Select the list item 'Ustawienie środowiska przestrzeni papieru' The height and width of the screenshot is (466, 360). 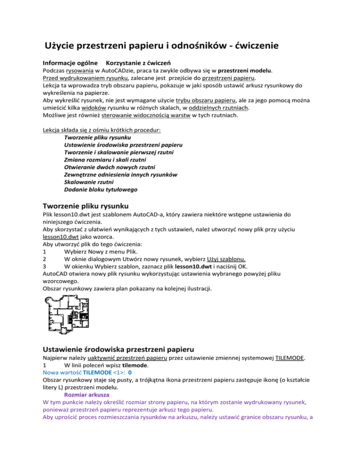[x=123, y=146]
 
